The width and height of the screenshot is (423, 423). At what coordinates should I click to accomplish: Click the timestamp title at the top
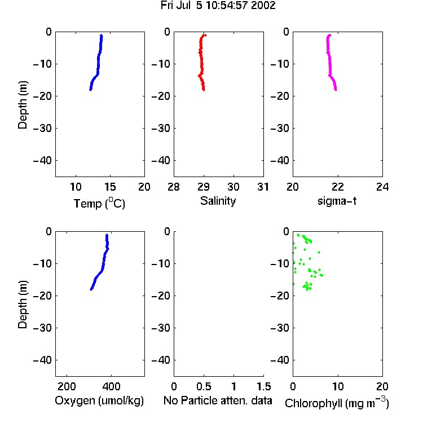pyautogui.click(x=218, y=6)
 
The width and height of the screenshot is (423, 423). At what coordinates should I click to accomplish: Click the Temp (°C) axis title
pyautogui.click(x=99, y=204)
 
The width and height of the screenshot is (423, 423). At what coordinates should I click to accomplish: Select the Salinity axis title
pyautogui.click(x=218, y=201)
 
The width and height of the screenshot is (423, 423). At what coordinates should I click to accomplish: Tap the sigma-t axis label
pyautogui.click(x=337, y=201)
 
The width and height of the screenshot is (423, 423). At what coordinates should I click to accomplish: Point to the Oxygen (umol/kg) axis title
pyautogui.click(x=99, y=401)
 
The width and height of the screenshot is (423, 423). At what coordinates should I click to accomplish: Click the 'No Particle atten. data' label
pyautogui.click(x=218, y=400)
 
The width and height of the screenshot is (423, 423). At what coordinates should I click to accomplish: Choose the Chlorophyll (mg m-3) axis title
pyautogui.click(x=337, y=403)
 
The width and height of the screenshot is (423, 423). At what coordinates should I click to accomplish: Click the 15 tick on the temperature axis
pyautogui.click(x=110, y=187)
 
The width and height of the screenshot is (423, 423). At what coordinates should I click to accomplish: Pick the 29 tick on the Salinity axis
pyautogui.click(x=204, y=187)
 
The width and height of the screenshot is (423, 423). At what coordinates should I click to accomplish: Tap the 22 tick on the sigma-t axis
pyautogui.click(x=337, y=187)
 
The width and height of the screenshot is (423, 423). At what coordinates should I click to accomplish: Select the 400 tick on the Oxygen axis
pyautogui.click(x=111, y=386)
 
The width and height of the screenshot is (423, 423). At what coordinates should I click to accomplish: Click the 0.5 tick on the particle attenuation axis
pyautogui.click(x=204, y=386)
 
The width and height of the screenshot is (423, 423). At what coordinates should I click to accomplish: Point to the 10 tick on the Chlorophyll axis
pyautogui.click(x=338, y=386)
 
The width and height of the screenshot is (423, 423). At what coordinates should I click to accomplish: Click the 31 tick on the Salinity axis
pyautogui.click(x=263, y=187)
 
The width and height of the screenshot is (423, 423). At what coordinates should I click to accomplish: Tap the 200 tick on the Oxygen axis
pyautogui.click(x=67, y=386)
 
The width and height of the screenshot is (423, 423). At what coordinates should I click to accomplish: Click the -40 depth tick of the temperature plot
pyautogui.click(x=42, y=161)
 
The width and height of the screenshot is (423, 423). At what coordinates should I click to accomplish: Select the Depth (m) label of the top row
pyautogui.click(x=23, y=105)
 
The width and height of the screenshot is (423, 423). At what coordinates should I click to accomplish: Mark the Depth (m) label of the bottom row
pyautogui.click(x=23, y=305)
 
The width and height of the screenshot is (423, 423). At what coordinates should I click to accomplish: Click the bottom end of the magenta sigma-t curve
pyautogui.click(x=336, y=90)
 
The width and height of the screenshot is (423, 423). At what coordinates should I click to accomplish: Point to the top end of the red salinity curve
pyautogui.click(x=205, y=35)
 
